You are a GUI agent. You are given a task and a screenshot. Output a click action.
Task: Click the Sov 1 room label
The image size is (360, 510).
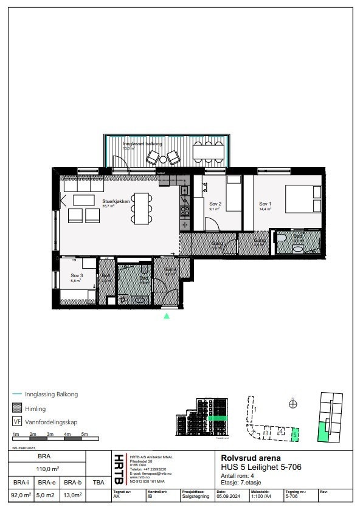click(x=265, y=204)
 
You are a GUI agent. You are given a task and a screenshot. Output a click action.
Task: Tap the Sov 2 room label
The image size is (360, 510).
click(x=215, y=204)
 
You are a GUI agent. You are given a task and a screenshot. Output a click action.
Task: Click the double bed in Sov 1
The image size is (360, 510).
click(x=299, y=199)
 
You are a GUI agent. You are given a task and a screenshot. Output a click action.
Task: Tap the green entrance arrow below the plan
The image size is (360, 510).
click(x=167, y=315)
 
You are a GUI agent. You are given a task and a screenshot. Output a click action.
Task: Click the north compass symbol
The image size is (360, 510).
click(x=292, y=403)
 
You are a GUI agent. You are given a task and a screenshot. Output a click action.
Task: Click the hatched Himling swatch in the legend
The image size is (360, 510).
click(x=17, y=408)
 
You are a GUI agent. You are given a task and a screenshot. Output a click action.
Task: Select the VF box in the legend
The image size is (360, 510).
click(x=17, y=421)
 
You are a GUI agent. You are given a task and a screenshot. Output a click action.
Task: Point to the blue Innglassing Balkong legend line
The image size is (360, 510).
click(x=17, y=394)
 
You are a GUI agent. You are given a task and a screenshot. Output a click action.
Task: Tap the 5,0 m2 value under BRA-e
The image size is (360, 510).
click(x=47, y=495)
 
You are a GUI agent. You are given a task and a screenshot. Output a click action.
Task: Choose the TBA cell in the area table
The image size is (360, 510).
click(x=98, y=482)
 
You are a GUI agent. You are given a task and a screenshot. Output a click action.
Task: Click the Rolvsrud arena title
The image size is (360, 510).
click(x=243, y=458)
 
